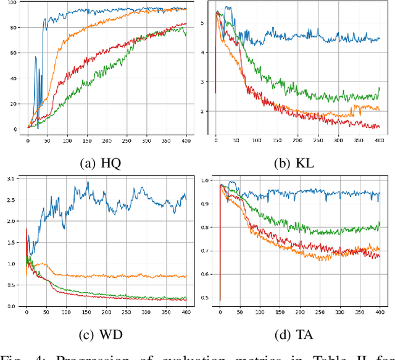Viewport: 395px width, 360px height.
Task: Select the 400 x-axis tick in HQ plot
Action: pos(186,141)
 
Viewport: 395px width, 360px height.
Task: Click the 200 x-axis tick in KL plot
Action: pos(297,141)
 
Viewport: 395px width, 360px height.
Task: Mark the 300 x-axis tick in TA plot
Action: pos(339,314)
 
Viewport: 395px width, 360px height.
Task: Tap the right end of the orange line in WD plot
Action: pos(186,276)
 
